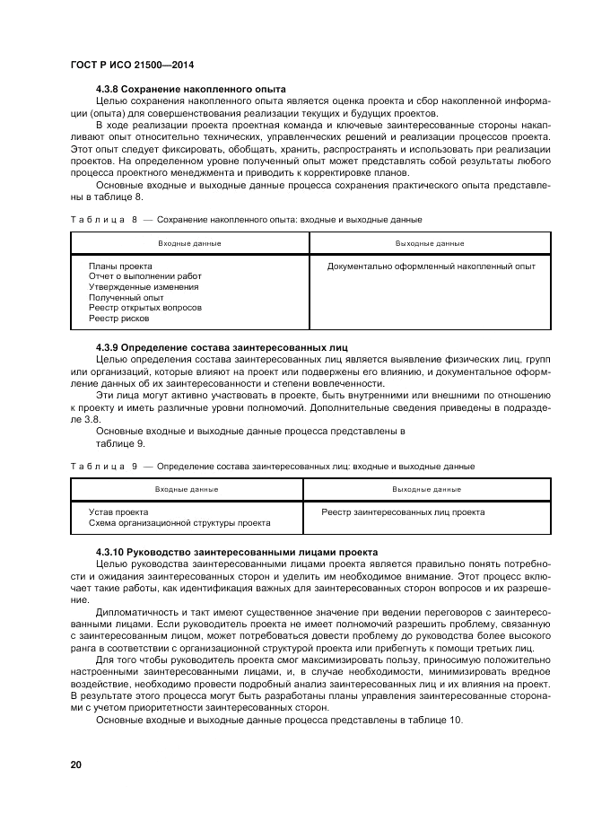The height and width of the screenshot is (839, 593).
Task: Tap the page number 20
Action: tap(76, 764)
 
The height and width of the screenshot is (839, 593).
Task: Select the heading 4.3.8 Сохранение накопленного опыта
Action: tap(190, 90)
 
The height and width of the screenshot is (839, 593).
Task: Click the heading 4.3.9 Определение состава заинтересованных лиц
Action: tap(221, 346)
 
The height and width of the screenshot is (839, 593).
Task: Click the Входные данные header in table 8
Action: tap(189, 243)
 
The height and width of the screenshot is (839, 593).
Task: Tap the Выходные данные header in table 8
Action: tap(430, 243)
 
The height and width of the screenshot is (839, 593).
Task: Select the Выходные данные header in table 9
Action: tap(426, 490)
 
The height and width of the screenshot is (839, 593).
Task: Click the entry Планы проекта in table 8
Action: tap(120, 267)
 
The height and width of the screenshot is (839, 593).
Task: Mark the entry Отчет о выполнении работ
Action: tap(144, 276)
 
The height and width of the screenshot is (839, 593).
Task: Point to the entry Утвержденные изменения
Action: tap(144, 287)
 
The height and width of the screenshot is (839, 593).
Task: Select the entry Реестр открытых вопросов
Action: tap(144, 308)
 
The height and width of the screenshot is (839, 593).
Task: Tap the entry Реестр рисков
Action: tap(118, 318)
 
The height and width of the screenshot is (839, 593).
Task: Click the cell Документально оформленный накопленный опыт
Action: tap(431, 267)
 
